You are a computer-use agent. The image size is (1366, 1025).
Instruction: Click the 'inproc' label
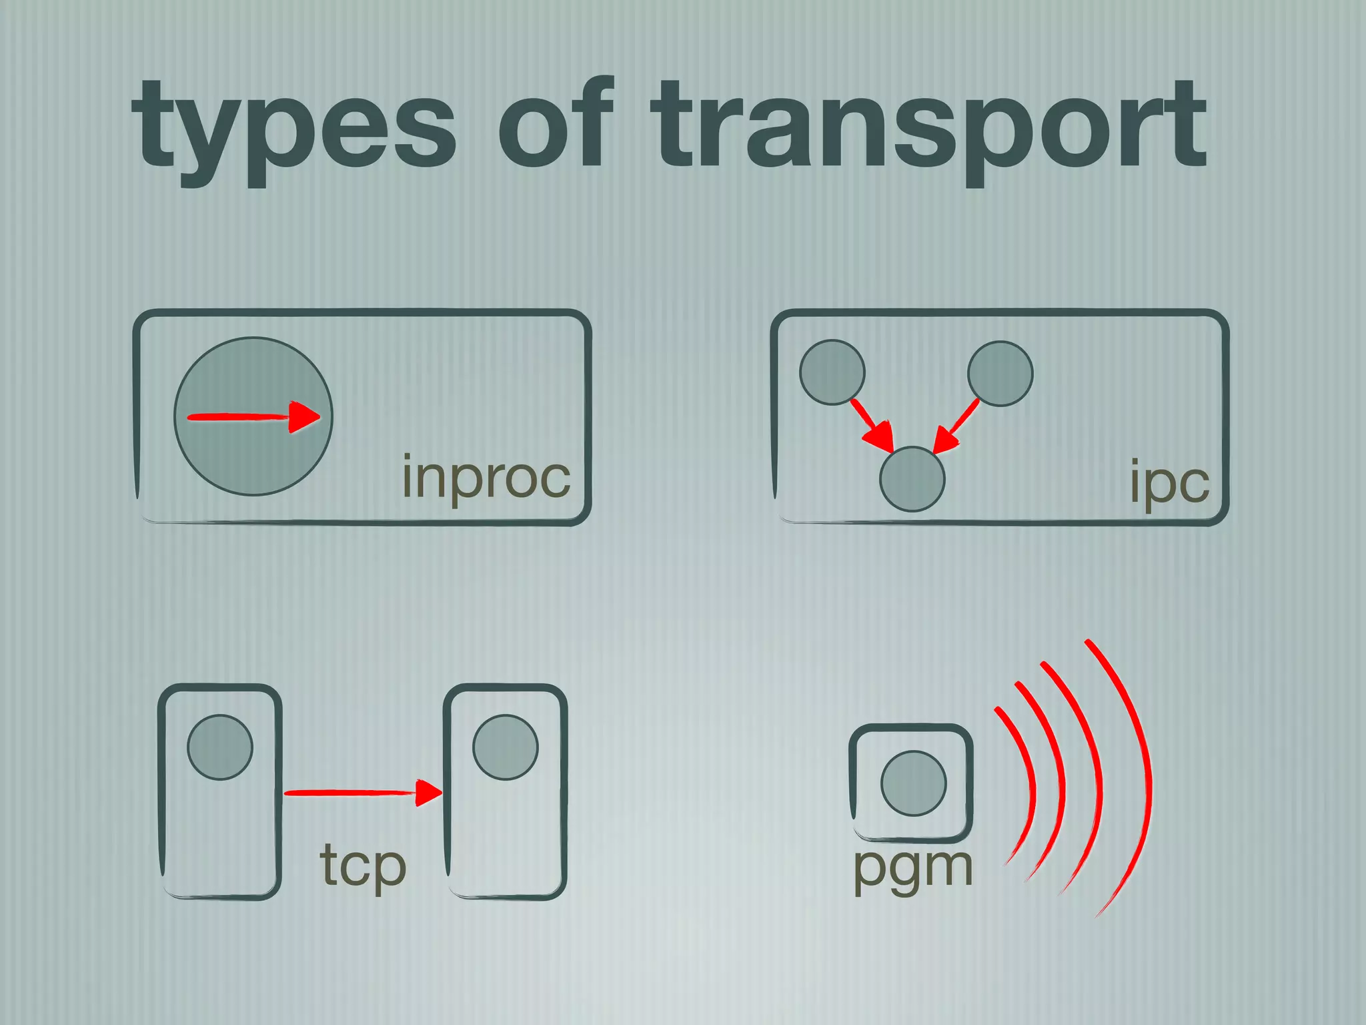[x=486, y=478]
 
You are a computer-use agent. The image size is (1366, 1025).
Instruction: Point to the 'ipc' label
[x=1169, y=482]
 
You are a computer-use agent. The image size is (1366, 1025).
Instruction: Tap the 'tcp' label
[x=364, y=866]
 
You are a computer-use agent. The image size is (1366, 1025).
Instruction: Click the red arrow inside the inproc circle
[x=253, y=418]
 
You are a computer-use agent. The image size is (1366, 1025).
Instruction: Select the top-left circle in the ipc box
[x=832, y=372]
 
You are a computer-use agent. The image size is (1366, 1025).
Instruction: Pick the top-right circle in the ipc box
[x=1000, y=374]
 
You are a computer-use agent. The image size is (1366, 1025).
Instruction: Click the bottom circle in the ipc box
[x=912, y=479]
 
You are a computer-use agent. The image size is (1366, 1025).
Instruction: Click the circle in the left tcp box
[x=220, y=747]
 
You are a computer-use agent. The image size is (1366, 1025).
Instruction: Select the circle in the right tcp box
[x=506, y=747]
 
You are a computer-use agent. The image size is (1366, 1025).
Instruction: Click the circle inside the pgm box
[x=914, y=783]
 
